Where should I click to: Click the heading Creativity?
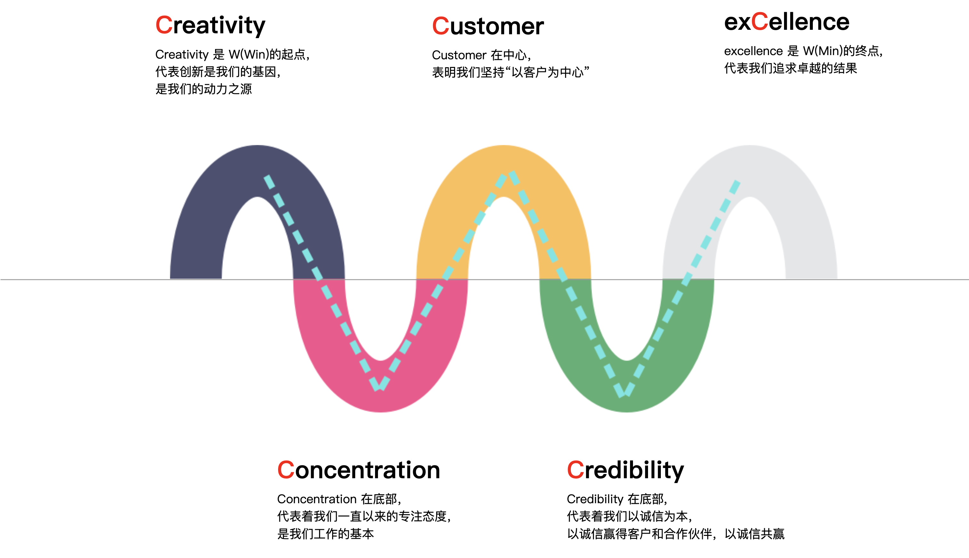click(210, 25)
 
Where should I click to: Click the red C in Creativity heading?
click(164, 25)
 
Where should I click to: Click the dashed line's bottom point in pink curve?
click(379, 388)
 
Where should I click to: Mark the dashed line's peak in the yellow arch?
click(508, 174)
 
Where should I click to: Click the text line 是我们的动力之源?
click(203, 89)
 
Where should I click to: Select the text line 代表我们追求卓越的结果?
click(790, 69)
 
